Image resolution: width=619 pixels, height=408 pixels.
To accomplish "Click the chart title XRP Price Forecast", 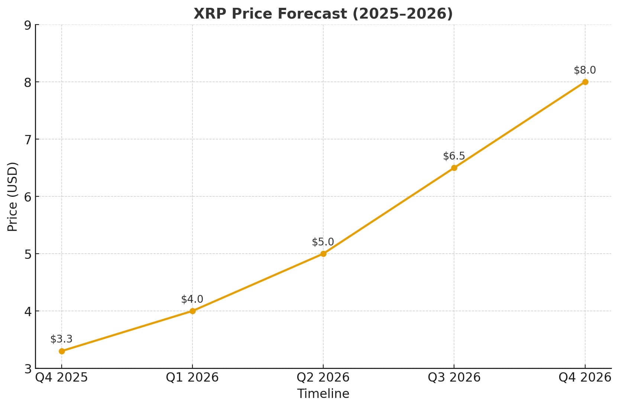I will point(323,14).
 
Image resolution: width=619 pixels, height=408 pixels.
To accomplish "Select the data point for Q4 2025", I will point(62,351).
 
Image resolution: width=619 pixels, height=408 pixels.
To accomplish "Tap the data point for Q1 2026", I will point(192,311).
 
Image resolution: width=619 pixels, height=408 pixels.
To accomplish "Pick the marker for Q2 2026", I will point(323,254).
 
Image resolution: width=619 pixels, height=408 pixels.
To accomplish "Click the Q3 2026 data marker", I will point(454,168).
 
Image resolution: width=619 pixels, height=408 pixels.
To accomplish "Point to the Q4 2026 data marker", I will point(585,82).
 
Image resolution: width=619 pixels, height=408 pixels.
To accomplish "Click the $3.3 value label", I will point(61,339).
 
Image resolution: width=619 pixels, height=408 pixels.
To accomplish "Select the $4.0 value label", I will point(192,299).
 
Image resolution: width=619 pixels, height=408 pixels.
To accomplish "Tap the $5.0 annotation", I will point(323,242).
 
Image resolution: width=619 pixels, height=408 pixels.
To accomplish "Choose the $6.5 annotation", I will point(454,156).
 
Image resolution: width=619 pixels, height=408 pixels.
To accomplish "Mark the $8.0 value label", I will point(585,70).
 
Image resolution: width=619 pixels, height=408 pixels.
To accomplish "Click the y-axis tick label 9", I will point(27,25).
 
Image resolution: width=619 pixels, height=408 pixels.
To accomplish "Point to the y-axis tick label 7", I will point(27,140).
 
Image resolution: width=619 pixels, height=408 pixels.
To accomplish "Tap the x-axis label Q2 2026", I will point(323,378).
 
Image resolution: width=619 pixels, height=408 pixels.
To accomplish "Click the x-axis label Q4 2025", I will point(61,378).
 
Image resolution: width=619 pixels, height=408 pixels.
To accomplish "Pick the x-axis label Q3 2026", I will point(454,378).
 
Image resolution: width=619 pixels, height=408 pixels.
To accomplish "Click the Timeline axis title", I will point(323,394).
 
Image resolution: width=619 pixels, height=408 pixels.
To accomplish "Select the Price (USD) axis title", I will point(13,196).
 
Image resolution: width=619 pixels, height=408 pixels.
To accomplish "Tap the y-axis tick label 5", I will point(27,254).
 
